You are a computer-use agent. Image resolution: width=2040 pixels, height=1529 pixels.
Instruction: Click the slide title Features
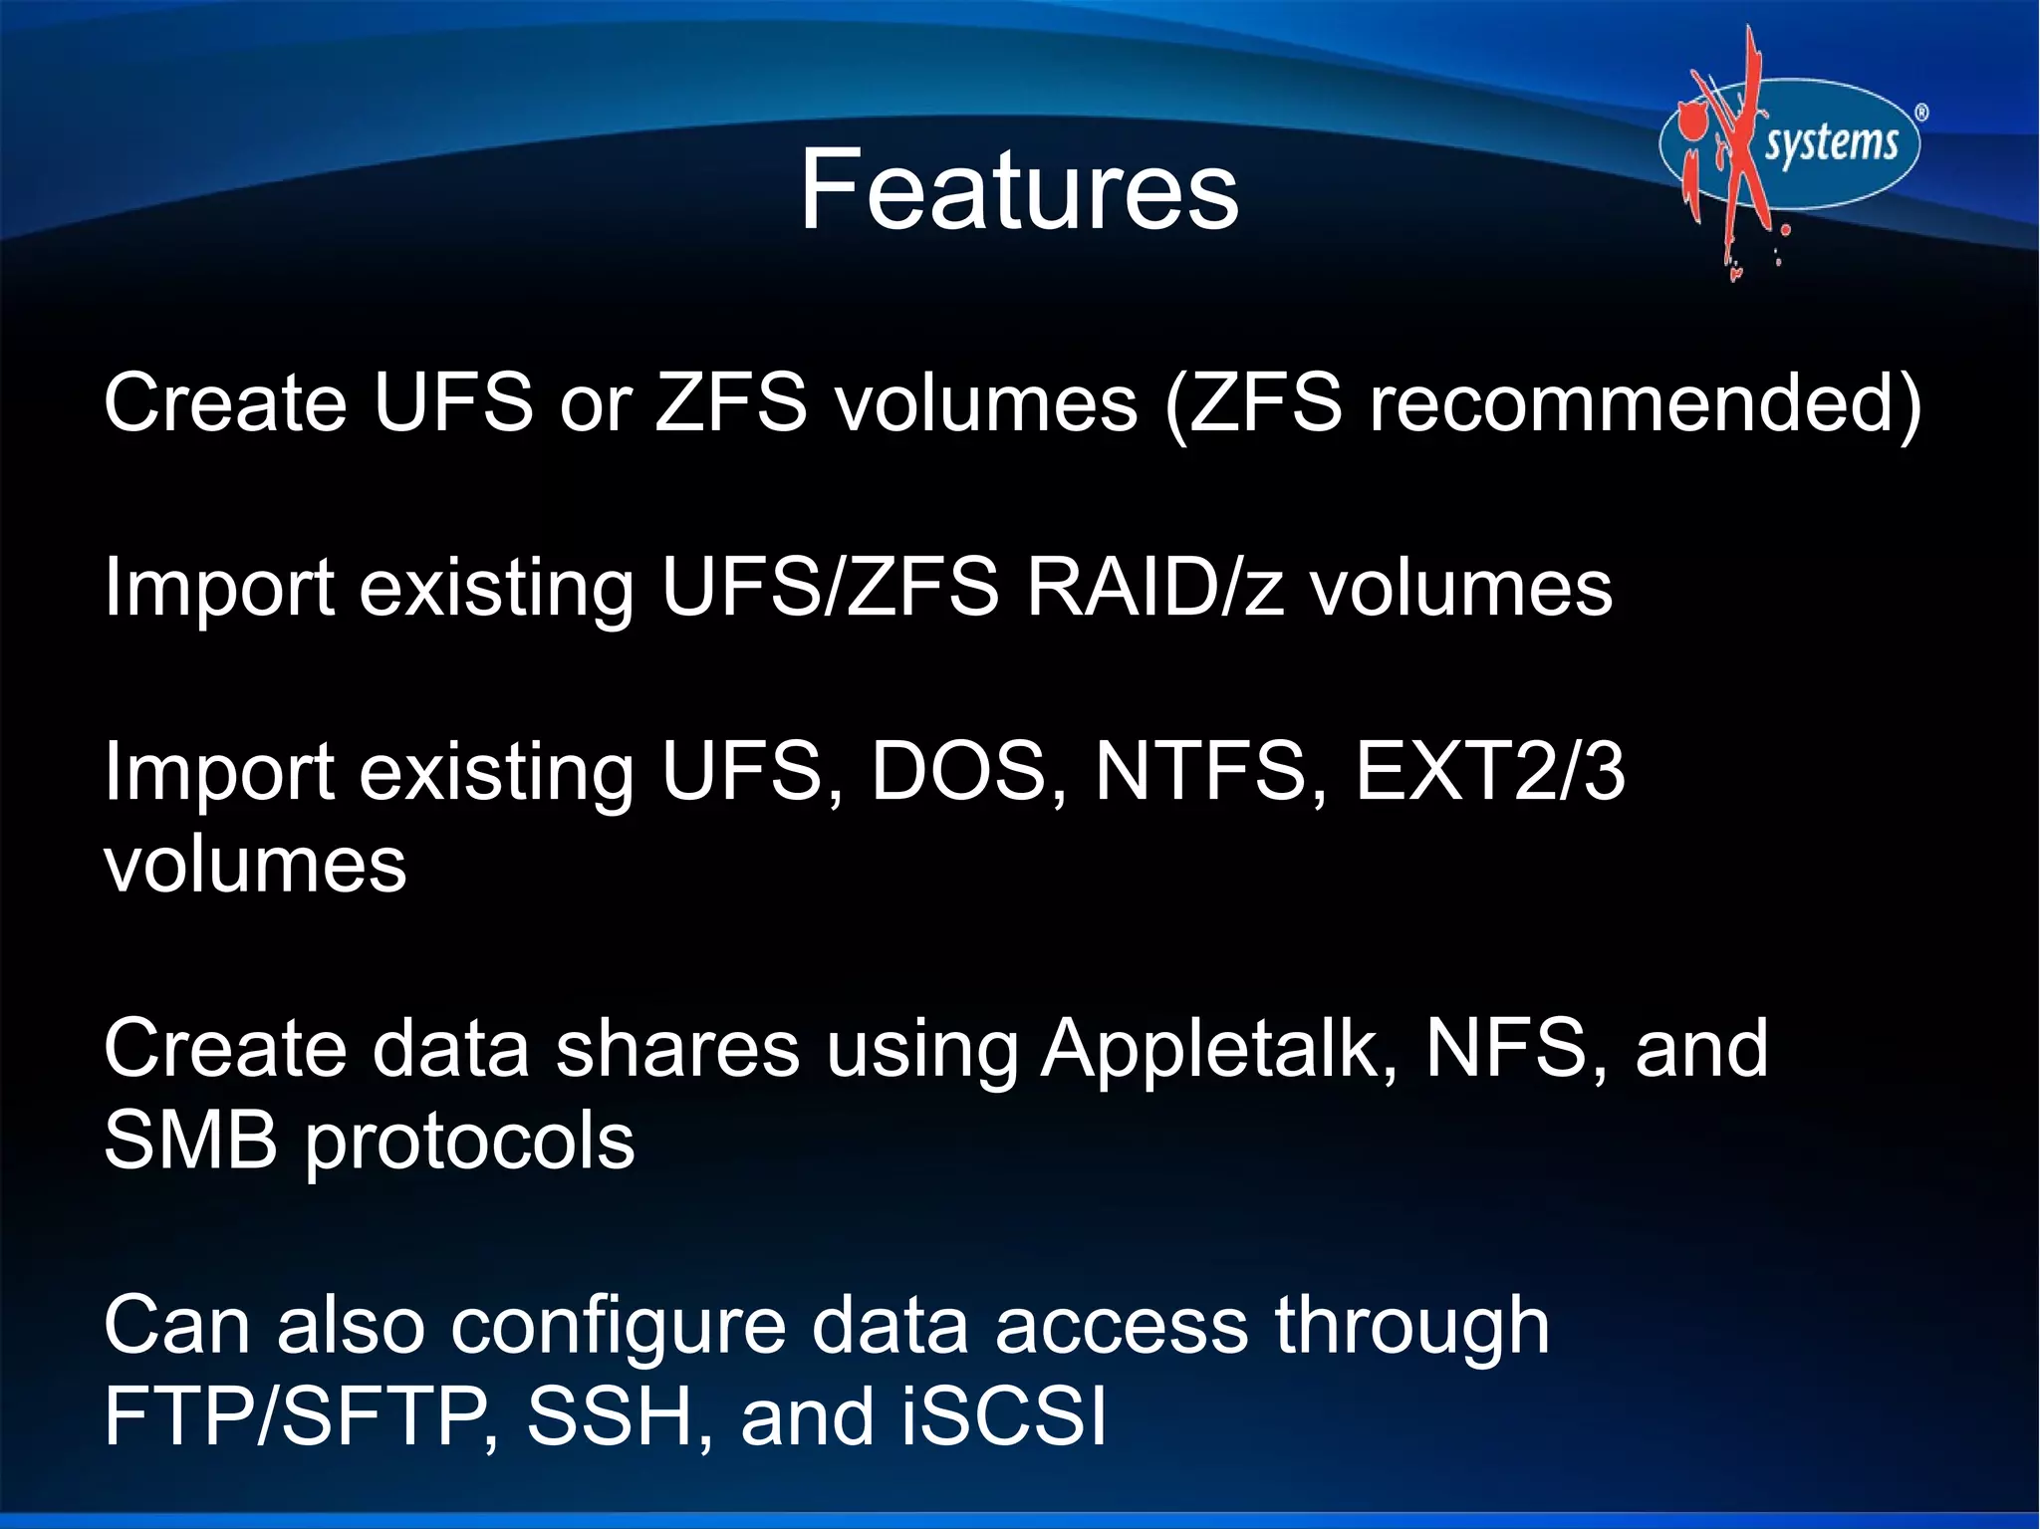pyautogui.click(x=1018, y=189)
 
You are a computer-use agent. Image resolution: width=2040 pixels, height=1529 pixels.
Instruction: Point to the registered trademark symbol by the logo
pyautogui.click(x=1920, y=114)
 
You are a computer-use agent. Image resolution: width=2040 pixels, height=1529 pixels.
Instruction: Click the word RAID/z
pyautogui.click(x=1153, y=588)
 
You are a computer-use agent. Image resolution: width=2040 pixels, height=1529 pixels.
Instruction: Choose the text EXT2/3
pyautogui.click(x=1489, y=771)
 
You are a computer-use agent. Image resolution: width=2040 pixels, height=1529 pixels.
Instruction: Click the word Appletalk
pyautogui.click(x=1217, y=1051)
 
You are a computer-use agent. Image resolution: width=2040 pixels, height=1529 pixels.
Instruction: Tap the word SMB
pyautogui.click(x=190, y=1141)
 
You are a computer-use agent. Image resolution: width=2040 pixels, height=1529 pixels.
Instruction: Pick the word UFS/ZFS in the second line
pyautogui.click(x=829, y=588)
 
